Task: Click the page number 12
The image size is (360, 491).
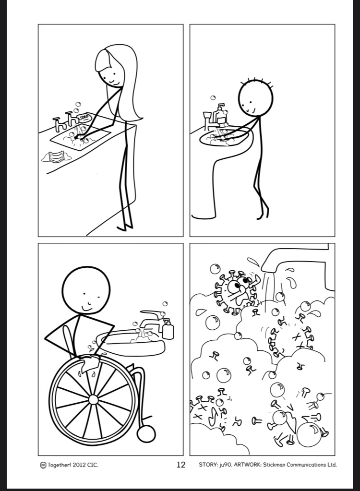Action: click(x=181, y=465)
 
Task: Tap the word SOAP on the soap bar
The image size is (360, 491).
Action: click(x=84, y=118)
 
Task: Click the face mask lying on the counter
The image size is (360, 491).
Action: click(x=55, y=156)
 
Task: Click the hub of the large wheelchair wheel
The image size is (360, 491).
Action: click(x=93, y=400)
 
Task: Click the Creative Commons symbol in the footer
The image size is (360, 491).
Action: click(x=43, y=465)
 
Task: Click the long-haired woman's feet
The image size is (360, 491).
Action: click(x=125, y=228)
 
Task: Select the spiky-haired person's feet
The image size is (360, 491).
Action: click(x=263, y=216)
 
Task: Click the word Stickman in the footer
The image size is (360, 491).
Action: click(x=275, y=465)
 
